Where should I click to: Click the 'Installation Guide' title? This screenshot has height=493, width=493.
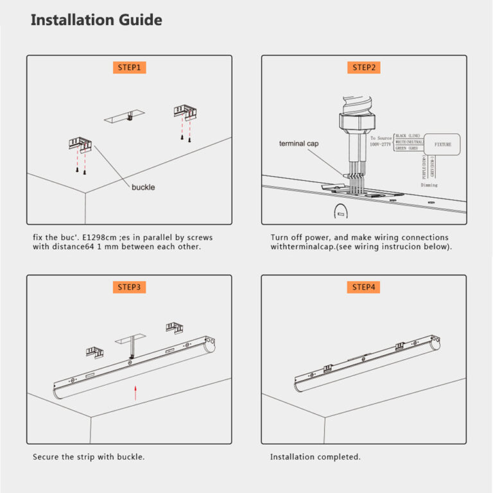click(x=96, y=20)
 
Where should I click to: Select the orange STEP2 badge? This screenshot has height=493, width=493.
click(x=363, y=67)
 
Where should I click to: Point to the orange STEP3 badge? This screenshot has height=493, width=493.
click(x=129, y=287)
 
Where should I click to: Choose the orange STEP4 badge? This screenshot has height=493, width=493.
click(x=363, y=287)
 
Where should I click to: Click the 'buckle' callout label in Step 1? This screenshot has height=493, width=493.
click(x=144, y=187)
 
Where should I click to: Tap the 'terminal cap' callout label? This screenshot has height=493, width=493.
click(x=298, y=144)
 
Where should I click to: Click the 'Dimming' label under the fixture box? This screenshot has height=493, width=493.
click(x=429, y=185)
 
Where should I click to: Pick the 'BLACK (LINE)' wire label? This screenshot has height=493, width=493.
click(x=410, y=136)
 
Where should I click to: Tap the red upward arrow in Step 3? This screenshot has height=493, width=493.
click(x=135, y=393)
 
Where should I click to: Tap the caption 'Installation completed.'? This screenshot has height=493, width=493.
click(x=315, y=457)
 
